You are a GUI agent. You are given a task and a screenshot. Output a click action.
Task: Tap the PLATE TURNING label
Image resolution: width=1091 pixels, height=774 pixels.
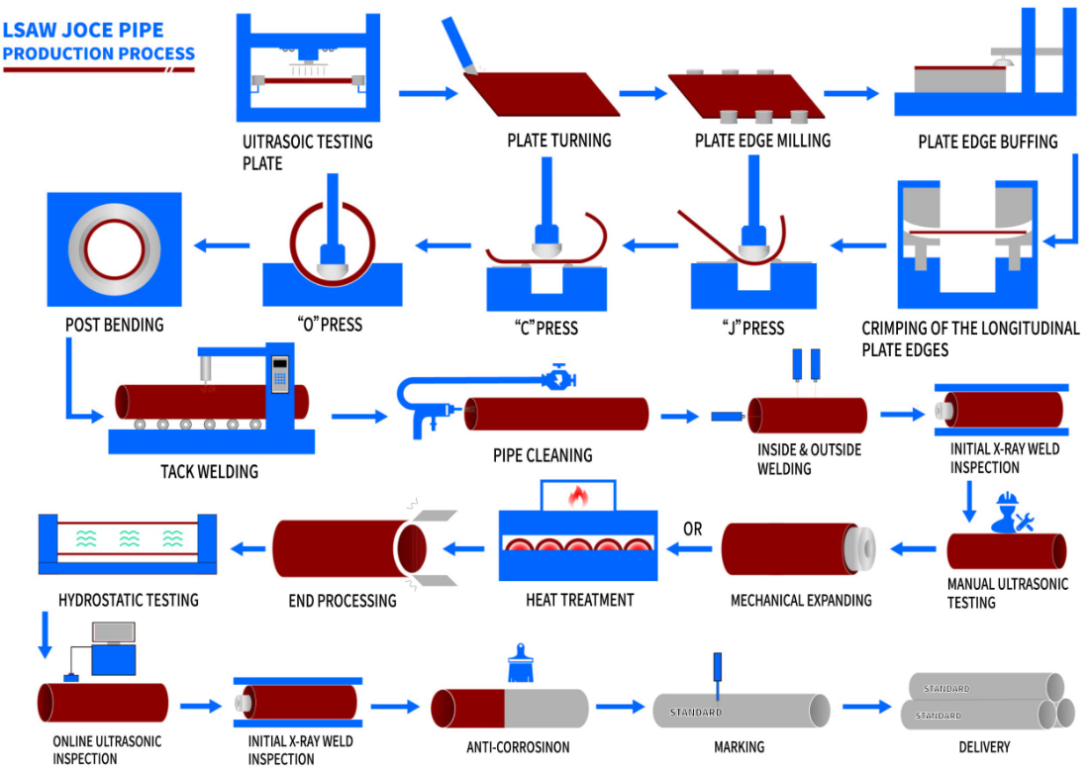558,141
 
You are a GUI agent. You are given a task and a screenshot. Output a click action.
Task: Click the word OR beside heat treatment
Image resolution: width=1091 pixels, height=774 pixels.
692,530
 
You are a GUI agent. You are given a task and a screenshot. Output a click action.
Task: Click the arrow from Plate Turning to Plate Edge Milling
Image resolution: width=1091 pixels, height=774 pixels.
644,94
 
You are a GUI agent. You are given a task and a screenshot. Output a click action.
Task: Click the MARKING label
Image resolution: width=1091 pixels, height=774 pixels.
740,746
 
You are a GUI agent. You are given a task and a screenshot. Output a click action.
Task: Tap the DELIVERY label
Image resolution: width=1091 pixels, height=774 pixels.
984,746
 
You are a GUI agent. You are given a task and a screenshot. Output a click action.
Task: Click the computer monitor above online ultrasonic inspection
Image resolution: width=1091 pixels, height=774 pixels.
113,632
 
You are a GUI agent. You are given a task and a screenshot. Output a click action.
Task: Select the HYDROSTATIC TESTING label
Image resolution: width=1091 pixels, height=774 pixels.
128,600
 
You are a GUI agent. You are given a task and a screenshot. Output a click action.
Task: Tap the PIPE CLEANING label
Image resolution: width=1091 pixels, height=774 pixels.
543,455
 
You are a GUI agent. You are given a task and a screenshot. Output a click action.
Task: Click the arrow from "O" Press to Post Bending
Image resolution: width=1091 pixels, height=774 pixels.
222,244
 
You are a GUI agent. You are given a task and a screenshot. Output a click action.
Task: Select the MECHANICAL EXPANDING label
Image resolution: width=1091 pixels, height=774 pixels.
801,600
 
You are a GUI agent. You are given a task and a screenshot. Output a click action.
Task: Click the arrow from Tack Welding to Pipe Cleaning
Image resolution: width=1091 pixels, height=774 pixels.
356,417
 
